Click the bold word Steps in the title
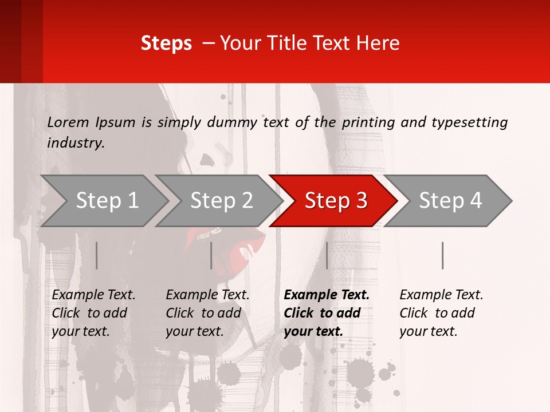point(166,43)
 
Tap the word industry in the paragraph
point(74,143)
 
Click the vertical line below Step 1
point(97,255)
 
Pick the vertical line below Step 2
point(211,255)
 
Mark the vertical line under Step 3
point(327,255)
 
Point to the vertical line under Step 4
point(442,255)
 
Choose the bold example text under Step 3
point(326,313)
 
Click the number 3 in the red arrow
point(361,201)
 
